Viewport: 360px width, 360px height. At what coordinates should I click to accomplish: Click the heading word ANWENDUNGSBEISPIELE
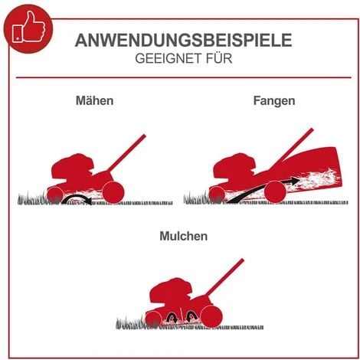pos(183,41)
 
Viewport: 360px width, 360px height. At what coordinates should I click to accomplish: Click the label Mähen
pos(95,100)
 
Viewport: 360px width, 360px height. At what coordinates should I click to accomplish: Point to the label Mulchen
pos(183,237)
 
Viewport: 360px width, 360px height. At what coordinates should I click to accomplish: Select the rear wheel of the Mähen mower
pos(111,191)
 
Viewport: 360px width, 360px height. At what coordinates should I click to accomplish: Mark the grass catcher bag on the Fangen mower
pos(306,172)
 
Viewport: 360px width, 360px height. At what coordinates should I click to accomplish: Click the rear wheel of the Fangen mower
pos(273,191)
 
